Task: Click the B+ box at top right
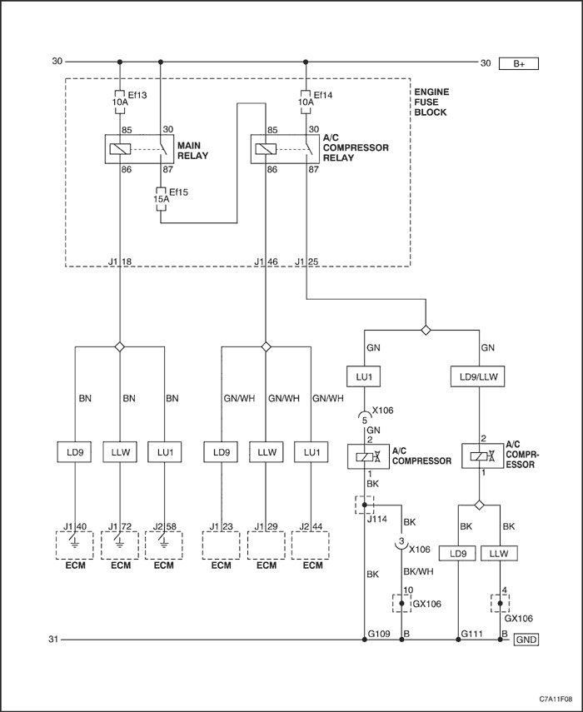(x=519, y=63)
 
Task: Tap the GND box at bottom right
(x=526, y=640)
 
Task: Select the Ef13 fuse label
(x=137, y=95)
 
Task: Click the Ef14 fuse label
(x=323, y=95)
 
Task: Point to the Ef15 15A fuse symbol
(x=161, y=199)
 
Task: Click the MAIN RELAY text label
(x=192, y=150)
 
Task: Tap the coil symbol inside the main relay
(x=120, y=149)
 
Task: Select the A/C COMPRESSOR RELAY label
(x=356, y=147)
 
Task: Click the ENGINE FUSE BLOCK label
(x=431, y=102)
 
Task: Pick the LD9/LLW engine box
(x=477, y=377)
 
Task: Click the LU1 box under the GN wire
(x=364, y=377)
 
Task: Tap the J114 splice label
(x=376, y=519)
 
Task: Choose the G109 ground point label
(x=379, y=634)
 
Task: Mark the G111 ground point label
(x=471, y=634)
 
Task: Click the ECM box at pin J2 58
(x=163, y=545)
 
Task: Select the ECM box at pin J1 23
(x=221, y=545)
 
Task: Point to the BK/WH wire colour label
(x=418, y=571)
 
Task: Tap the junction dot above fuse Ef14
(x=306, y=62)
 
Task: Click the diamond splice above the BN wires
(x=119, y=347)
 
